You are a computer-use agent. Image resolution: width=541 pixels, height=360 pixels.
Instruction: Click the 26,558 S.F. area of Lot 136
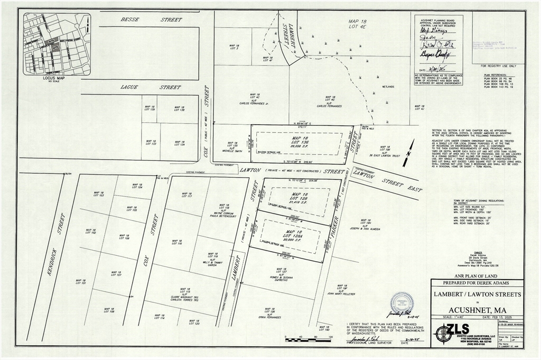point(299,145)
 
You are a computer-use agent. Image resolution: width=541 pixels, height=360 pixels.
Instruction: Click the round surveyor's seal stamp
point(402,303)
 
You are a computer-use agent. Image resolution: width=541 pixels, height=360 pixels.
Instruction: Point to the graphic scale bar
point(307,339)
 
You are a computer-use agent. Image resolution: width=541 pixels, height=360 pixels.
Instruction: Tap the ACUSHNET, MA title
point(477,309)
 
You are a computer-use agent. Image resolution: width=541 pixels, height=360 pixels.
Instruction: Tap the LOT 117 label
point(187,196)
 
